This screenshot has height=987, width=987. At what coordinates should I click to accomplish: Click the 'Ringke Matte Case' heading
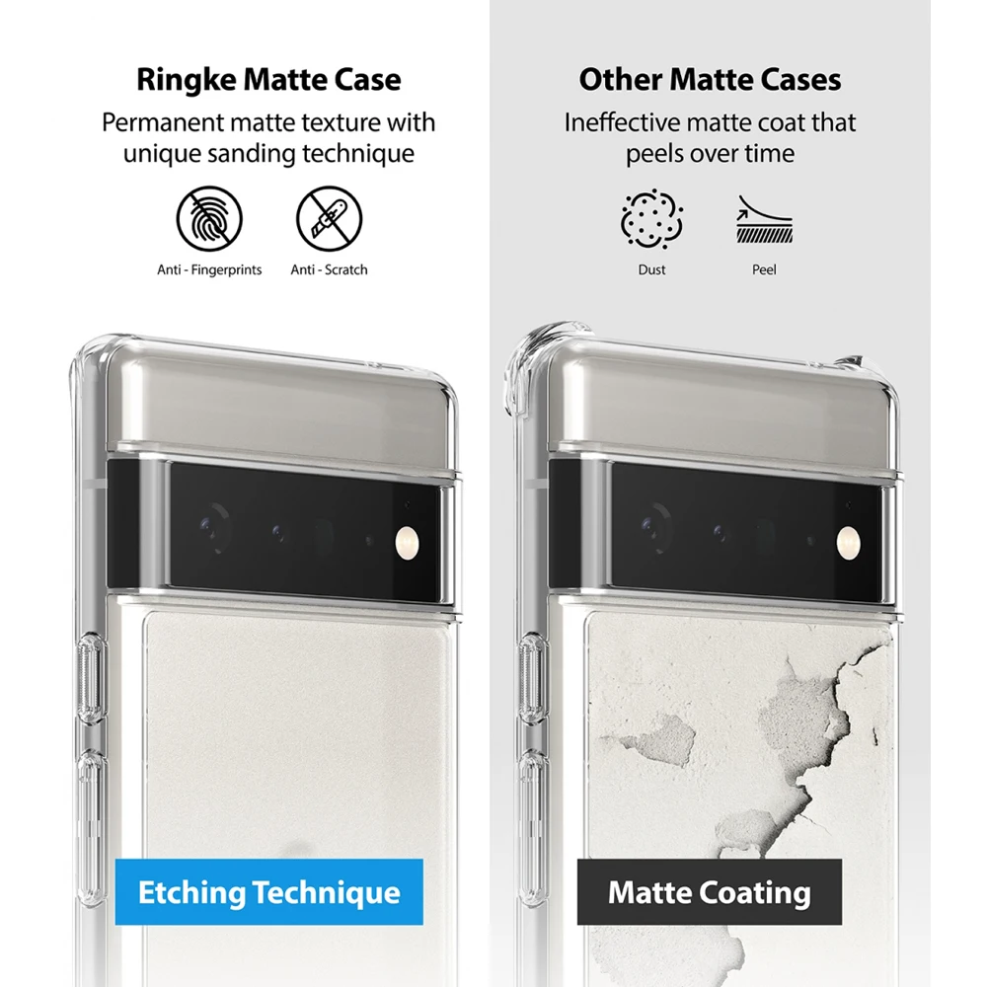268,80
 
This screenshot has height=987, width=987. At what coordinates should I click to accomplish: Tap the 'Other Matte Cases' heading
710,80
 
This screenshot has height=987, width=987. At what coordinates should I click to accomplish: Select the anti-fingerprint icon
209,219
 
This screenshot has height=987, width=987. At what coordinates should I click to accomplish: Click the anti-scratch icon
329,219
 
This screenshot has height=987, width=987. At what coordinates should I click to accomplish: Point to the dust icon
651,219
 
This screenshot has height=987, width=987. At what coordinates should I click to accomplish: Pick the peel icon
764,220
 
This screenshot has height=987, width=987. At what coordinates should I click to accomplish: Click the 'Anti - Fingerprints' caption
209,269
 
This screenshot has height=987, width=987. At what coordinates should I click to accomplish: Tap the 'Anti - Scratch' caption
329,269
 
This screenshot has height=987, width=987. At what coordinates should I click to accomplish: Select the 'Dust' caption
651,269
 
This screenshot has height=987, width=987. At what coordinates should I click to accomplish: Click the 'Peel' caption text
764,269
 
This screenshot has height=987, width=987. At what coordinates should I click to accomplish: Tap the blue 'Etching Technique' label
268,893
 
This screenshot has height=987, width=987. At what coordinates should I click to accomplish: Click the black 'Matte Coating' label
710,893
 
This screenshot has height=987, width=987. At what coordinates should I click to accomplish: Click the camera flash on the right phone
846,540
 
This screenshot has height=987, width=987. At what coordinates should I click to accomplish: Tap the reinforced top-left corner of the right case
532,346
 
